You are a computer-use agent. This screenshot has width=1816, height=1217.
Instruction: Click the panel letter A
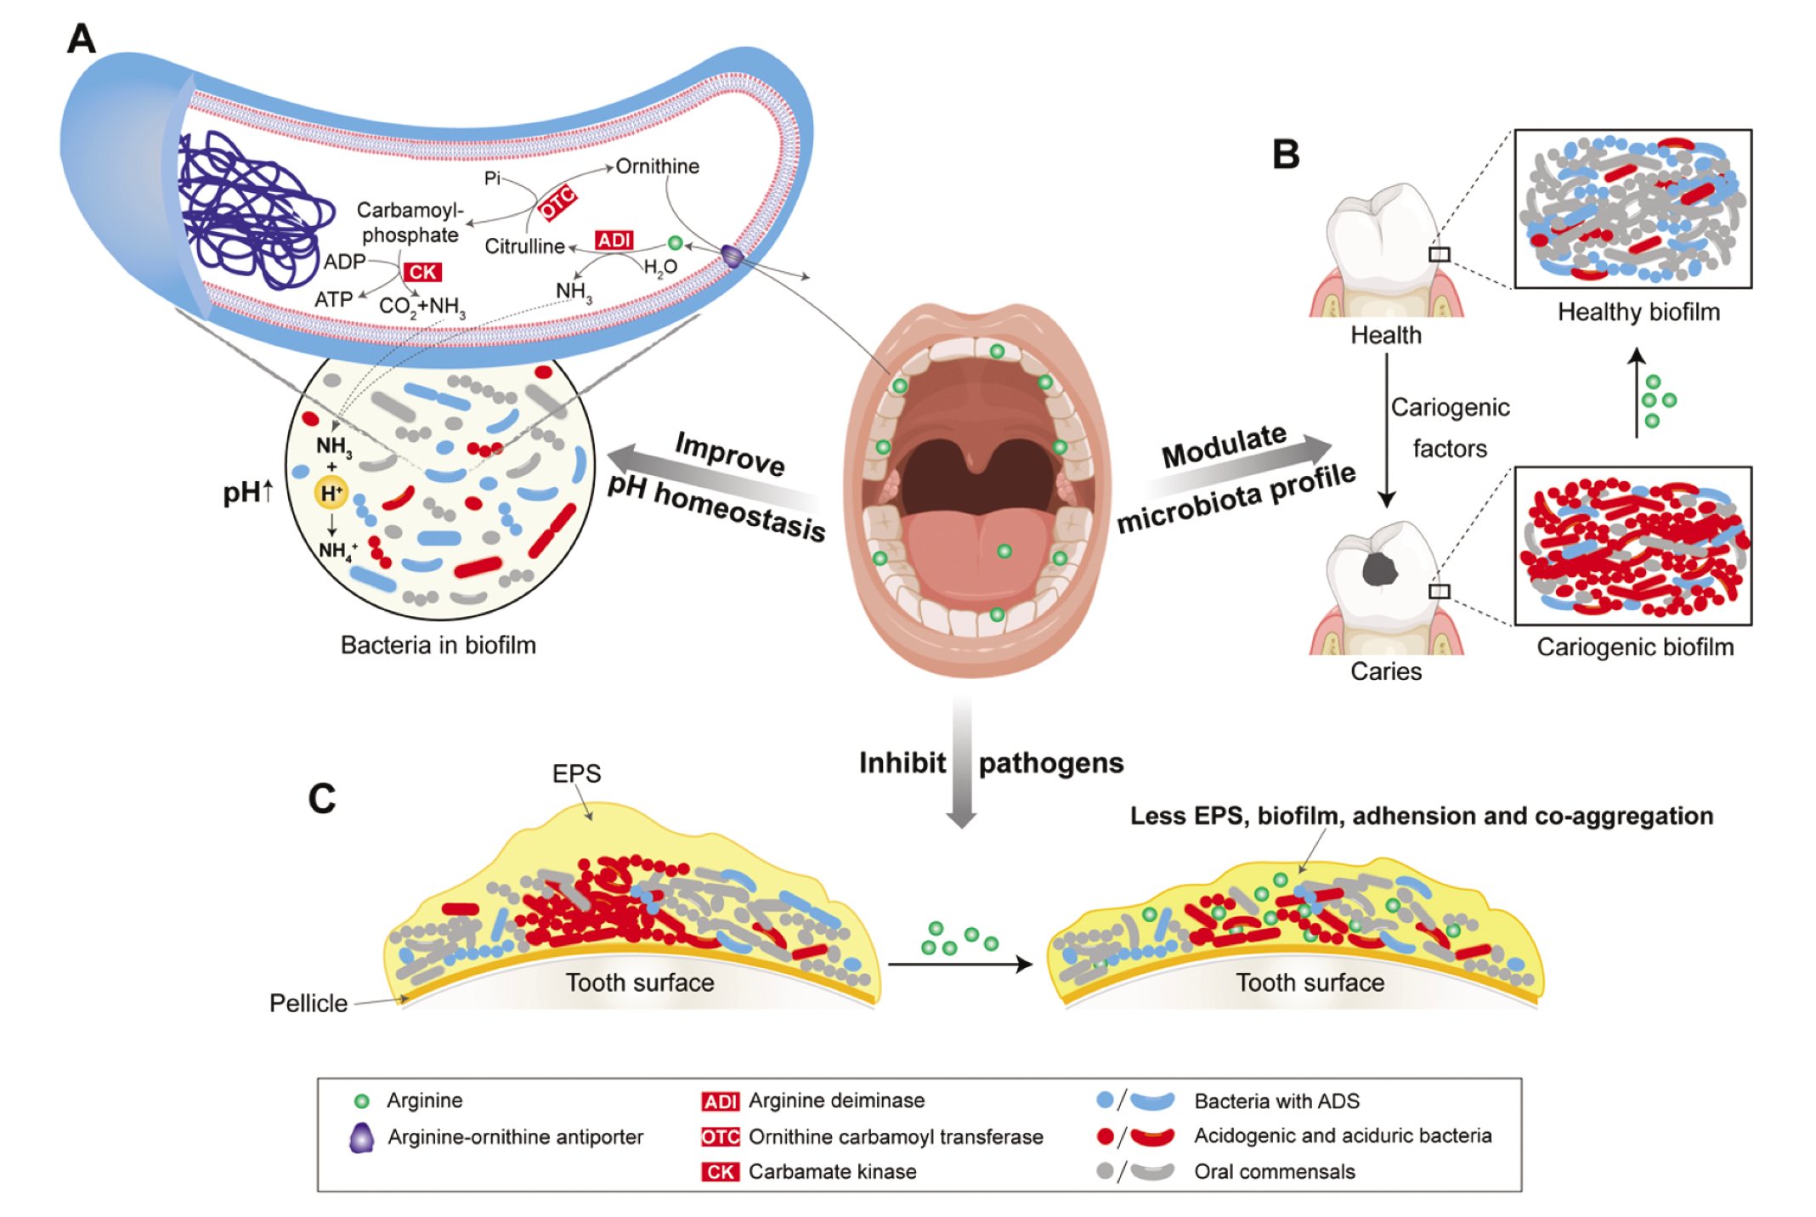[82, 39]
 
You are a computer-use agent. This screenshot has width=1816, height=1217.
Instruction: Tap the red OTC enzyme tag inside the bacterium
[558, 203]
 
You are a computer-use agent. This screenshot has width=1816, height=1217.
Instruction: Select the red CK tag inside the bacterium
[422, 272]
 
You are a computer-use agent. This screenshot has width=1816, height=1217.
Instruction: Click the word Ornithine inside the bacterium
[657, 167]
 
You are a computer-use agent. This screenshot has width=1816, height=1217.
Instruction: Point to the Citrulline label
[524, 246]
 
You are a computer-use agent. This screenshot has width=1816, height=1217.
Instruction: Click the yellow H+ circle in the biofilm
[331, 492]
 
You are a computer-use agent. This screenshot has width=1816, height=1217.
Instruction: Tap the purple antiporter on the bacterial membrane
[732, 255]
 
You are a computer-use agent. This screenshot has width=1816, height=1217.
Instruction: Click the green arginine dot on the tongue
[1004, 551]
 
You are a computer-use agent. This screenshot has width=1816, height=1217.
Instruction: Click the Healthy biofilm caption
[1638, 312]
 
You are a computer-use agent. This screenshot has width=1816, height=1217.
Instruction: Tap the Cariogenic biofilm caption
[1634, 647]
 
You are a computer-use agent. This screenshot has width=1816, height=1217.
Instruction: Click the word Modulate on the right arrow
[1224, 444]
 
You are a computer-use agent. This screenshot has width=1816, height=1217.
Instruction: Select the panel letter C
[322, 799]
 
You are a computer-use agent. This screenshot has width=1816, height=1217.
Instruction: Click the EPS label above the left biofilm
[576, 773]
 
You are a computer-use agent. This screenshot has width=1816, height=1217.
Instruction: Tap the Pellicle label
[308, 1004]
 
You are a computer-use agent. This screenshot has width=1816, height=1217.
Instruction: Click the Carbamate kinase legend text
[832, 1171]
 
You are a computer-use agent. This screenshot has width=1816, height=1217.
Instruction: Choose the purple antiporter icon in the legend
[362, 1137]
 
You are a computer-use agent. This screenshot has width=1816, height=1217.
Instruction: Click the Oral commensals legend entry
[1274, 1171]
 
